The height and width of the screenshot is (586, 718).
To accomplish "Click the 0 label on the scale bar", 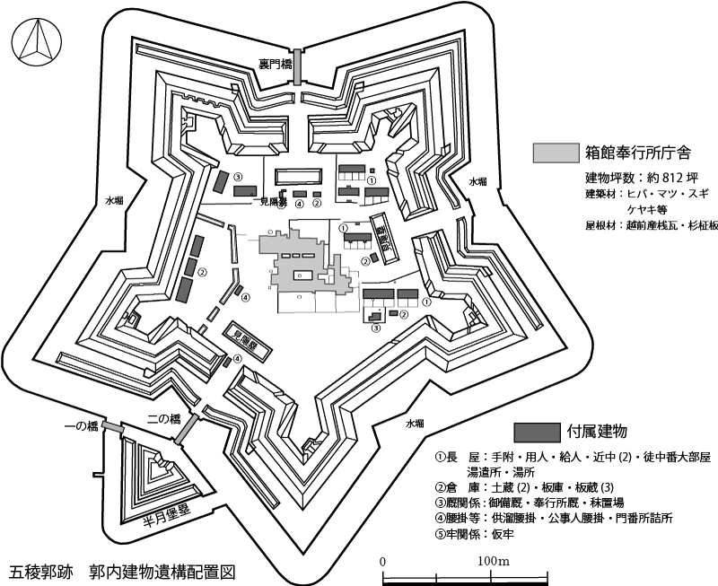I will coord(383,562).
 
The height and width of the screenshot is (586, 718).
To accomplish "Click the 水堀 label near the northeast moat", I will coord(477,181).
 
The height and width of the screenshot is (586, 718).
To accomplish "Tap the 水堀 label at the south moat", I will coord(415,422).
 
